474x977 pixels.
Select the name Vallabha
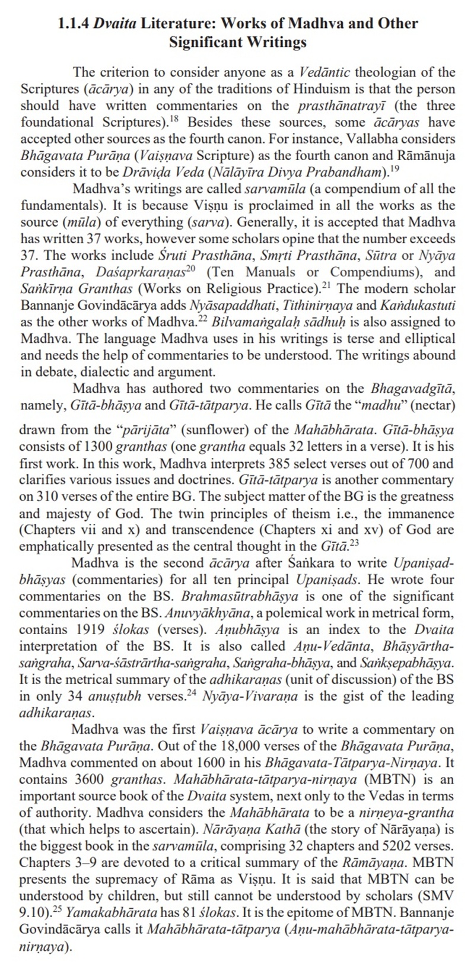pyautogui.click(x=373, y=139)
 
